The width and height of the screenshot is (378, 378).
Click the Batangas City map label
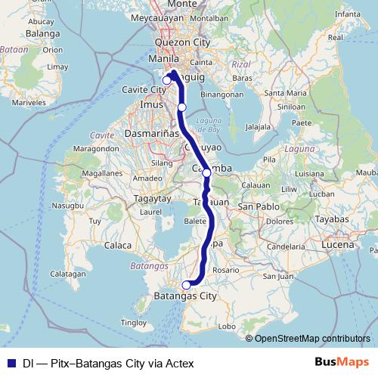coord(184,296)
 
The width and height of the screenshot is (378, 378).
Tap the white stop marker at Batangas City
coord(187,285)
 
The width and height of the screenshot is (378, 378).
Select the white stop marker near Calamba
coord(206,173)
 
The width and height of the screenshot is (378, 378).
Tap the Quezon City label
coord(181,43)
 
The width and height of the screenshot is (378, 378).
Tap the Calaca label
coord(119,246)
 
